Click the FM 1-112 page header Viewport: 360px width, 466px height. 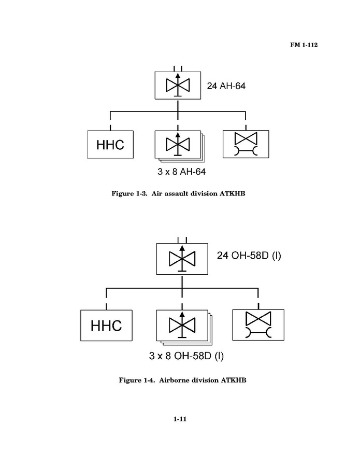pyautogui.click(x=303, y=45)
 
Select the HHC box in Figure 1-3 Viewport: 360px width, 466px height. pyautogui.click(x=110, y=145)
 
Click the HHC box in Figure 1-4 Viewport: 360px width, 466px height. pyautogui.click(x=106, y=325)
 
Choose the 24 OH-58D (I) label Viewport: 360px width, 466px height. pyautogui.click(x=248, y=256)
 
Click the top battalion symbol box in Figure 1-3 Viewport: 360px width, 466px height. pyautogui.click(x=178, y=86)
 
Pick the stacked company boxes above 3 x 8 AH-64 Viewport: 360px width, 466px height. pyautogui.click(x=179, y=145)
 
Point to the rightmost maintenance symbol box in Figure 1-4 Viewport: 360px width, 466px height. pyautogui.click(x=258, y=325)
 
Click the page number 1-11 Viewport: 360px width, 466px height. pyautogui.click(x=180, y=419)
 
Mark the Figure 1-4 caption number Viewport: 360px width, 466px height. pyautogui.click(x=141, y=380)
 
